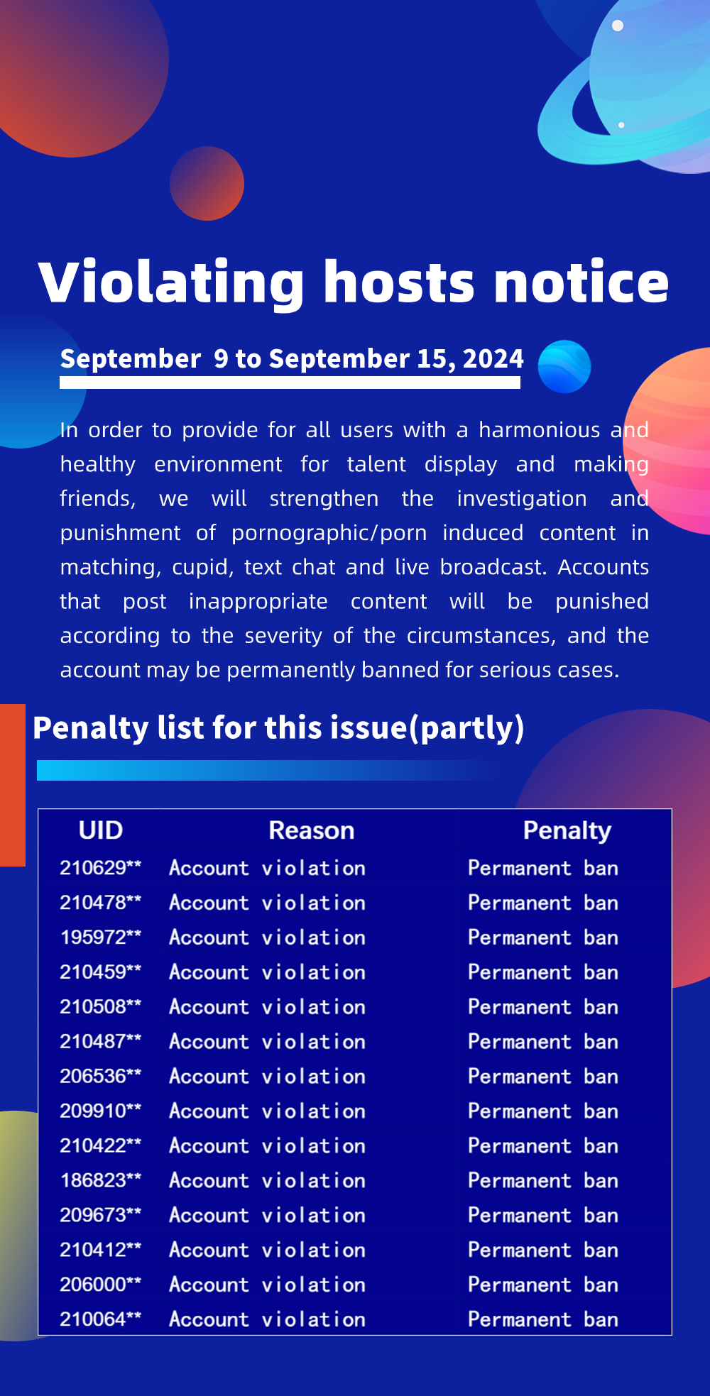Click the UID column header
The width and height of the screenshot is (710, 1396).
click(x=101, y=830)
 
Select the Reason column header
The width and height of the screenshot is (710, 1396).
click(x=311, y=830)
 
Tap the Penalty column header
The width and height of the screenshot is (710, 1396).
click(x=567, y=831)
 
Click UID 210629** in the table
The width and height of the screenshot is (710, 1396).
click(x=101, y=867)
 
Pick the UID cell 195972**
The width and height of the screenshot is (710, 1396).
click(x=101, y=937)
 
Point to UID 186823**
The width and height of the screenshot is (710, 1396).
click(x=101, y=1180)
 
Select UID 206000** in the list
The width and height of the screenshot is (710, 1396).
click(x=101, y=1285)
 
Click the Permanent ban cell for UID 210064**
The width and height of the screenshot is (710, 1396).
click(x=543, y=1319)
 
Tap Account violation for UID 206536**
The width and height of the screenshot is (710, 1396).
click(x=268, y=1076)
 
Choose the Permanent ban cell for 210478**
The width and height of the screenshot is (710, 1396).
click(x=543, y=903)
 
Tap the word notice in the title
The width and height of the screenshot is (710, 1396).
click(x=581, y=282)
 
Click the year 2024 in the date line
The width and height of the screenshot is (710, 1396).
click(x=493, y=359)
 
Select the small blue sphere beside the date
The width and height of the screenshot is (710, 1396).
click(x=564, y=367)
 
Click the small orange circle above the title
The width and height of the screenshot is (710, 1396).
click(x=207, y=183)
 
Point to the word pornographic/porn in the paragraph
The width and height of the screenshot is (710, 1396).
click(x=329, y=533)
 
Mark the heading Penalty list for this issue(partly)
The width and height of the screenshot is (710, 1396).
click(x=278, y=728)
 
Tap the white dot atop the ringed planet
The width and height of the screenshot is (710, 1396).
click(x=618, y=26)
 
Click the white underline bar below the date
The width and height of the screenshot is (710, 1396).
click(x=290, y=383)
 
